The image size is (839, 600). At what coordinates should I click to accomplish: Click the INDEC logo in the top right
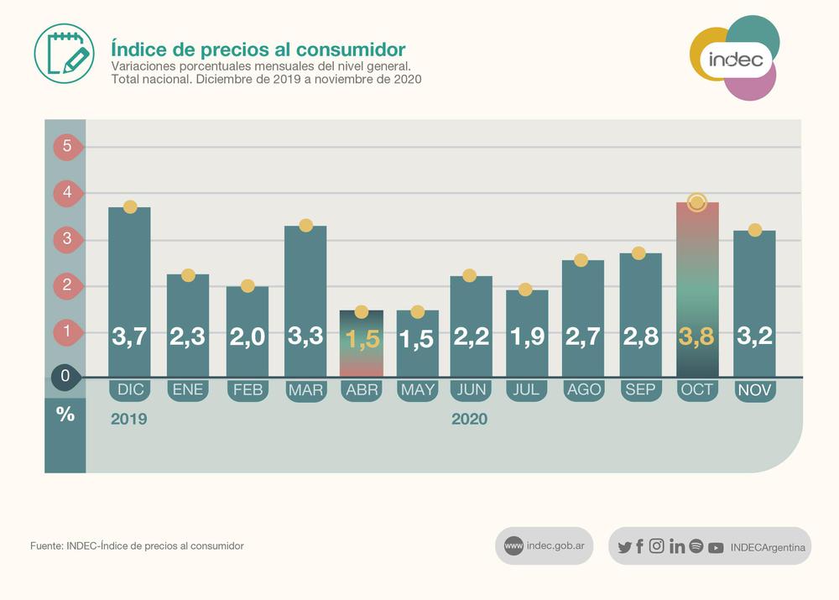tap(735, 59)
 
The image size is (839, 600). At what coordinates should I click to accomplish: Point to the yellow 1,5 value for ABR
tap(362, 339)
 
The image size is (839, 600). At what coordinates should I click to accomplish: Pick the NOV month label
tap(754, 390)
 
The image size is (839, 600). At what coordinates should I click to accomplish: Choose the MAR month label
tap(305, 390)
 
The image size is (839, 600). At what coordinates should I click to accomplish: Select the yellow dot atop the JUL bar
tap(525, 290)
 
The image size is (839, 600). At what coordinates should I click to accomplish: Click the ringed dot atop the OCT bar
tap(696, 202)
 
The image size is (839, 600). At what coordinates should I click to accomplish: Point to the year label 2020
tap(469, 419)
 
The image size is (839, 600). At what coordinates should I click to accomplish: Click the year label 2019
tap(128, 419)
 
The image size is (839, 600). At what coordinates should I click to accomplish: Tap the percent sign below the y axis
tap(65, 414)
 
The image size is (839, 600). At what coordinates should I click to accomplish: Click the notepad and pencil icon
tap(64, 53)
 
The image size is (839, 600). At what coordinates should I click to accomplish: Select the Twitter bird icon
tap(624, 547)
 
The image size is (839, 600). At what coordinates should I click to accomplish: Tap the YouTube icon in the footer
tap(716, 548)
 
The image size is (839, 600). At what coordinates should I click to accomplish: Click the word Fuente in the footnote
tap(46, 546)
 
